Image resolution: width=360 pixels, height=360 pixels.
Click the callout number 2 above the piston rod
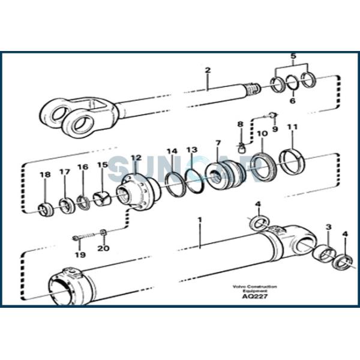coord(208,70)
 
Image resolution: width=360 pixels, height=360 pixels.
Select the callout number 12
coord(136,158)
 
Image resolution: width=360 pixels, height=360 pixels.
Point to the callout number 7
coord(218,144)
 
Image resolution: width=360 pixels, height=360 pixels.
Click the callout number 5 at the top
coord(293,57)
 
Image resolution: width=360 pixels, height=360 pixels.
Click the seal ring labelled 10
coord(262,169)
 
